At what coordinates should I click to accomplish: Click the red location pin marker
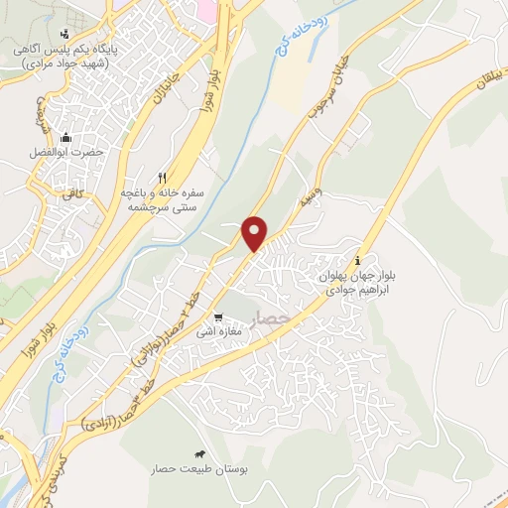(256, 233)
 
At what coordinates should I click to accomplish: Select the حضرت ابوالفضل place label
(65, 154)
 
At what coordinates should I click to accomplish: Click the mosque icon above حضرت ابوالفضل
(65, 138)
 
